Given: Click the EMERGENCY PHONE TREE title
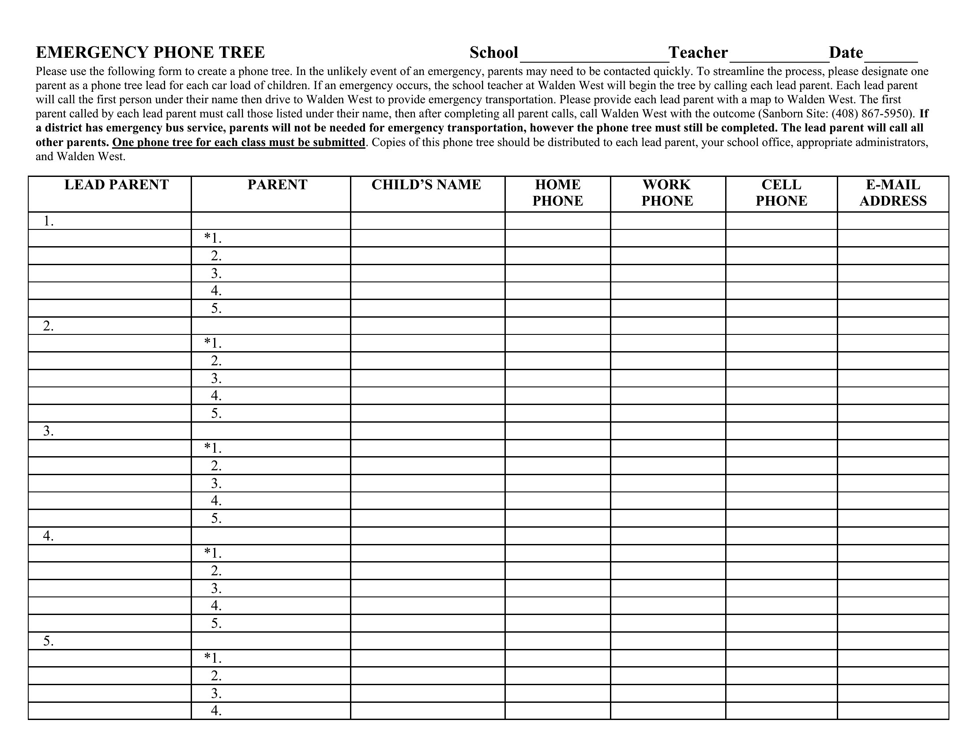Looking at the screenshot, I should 150,52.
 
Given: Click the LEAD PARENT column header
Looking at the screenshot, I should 117,185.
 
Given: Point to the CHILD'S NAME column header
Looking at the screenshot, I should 426,185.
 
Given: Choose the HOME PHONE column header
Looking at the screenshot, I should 557,193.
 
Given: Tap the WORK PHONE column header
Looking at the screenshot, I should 667,193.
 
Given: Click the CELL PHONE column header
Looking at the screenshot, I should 781,193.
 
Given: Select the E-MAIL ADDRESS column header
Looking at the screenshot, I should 893,193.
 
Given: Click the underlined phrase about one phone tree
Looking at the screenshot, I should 238,142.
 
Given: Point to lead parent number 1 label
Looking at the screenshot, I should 49,221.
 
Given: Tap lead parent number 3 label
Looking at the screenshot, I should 49,431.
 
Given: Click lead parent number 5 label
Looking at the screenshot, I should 49,641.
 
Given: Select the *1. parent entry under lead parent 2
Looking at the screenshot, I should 213,343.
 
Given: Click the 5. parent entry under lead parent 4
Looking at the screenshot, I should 216,623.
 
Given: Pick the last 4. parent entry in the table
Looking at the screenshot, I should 216,710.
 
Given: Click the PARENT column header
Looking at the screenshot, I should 278,185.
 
